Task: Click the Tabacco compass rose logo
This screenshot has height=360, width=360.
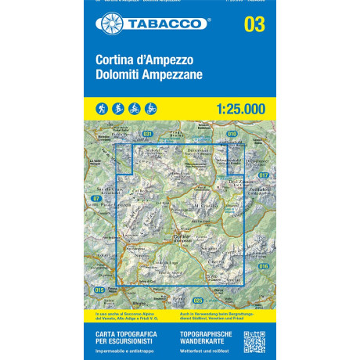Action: point(110,24)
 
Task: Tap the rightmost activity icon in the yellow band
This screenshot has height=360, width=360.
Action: point(151,108)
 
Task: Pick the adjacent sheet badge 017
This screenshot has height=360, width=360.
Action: point(263,175)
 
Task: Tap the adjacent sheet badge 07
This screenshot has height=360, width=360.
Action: point(96,199)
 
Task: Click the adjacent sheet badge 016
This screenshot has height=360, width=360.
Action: point(263,267)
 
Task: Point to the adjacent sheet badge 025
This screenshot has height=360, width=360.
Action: point(197,301)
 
